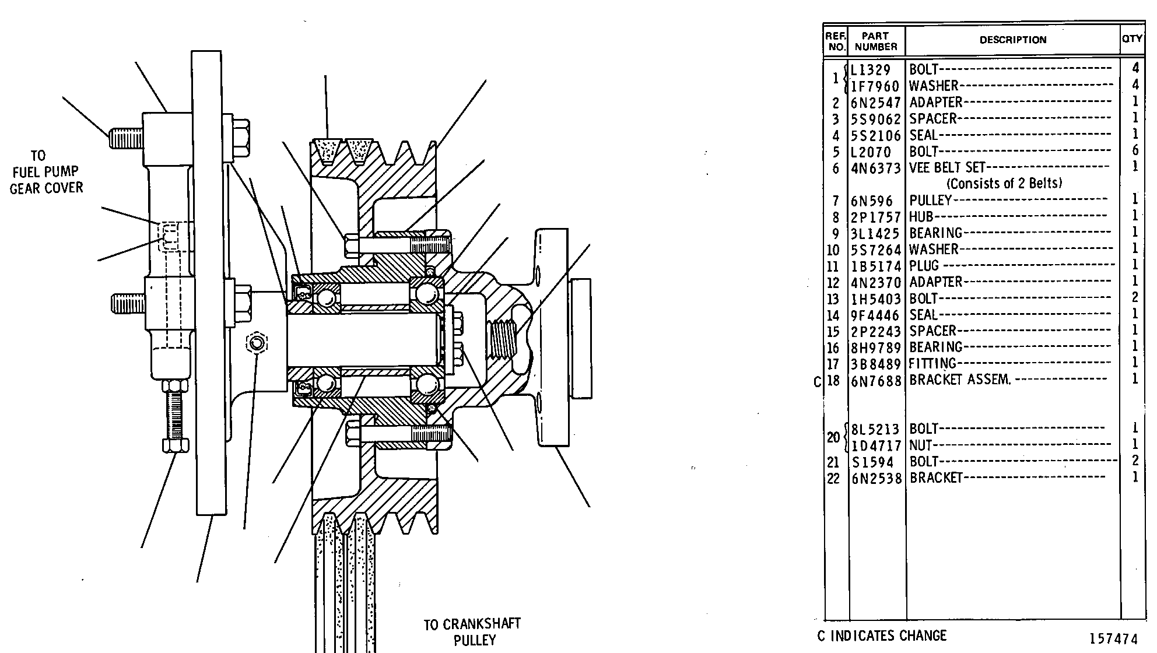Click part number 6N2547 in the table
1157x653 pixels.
point(876,103)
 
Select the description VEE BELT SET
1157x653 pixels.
point(947,168)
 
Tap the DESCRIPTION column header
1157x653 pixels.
point(1013,40)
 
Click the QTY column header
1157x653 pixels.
point(1132,39)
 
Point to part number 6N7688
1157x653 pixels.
point(876,380)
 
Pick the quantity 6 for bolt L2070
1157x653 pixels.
point(1135,151)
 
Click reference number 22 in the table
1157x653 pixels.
point(833,479)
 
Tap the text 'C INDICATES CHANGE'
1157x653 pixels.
point(882,636)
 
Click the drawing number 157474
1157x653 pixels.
point(1113,639)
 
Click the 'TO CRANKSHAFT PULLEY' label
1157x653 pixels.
point(472,633)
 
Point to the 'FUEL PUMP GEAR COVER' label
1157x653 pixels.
point(46,180)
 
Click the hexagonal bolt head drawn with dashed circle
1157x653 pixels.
point(257,343)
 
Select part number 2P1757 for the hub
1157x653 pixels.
point(876,217)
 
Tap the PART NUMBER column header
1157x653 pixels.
point(876,41)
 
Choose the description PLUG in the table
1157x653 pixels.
point(924,266)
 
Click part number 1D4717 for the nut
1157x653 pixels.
point(876,446)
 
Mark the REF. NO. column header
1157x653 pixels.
point(836,41)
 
